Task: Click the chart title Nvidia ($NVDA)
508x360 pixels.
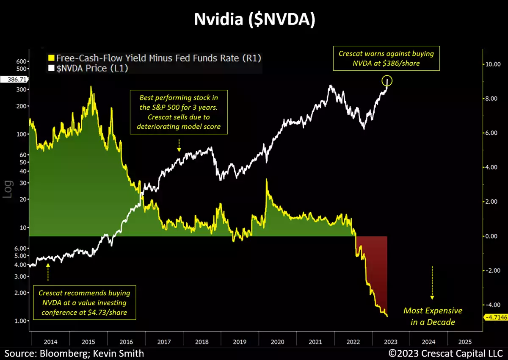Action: [254, 20]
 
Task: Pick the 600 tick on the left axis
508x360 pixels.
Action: [22, 61]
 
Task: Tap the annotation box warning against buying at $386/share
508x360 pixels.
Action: [386, 58]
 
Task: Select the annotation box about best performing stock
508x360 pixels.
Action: [179, 112]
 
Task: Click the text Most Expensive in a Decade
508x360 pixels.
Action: [433, 316]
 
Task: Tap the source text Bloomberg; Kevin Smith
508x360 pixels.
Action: [75, 353]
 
